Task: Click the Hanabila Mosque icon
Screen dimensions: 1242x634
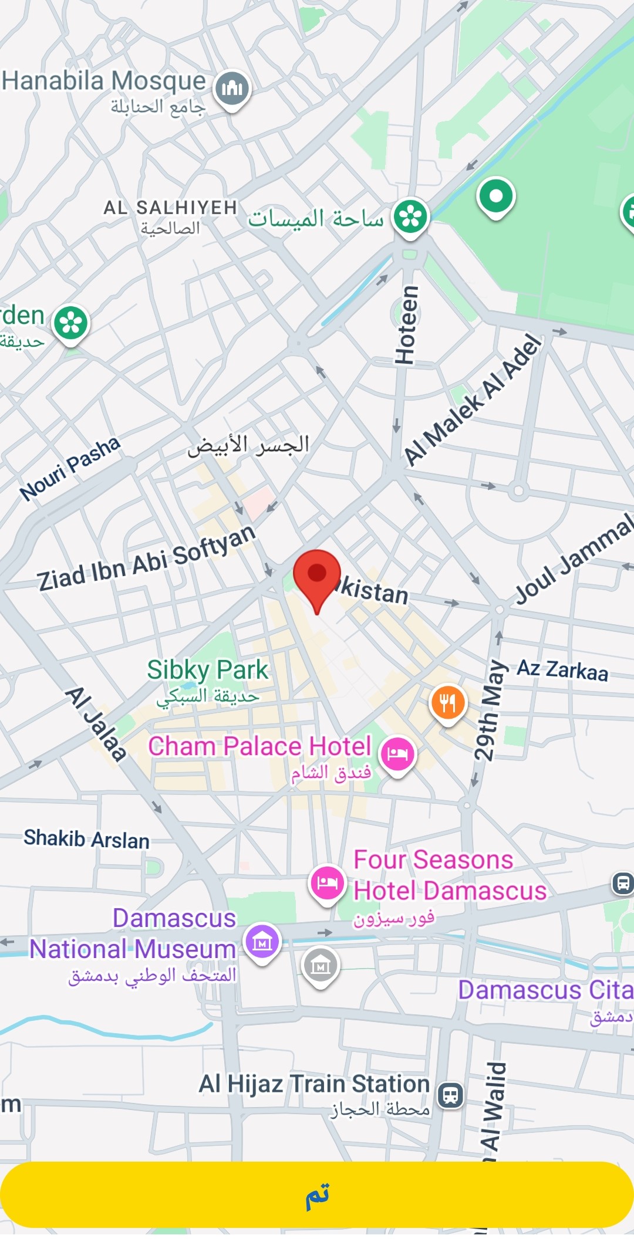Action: pos(232,89)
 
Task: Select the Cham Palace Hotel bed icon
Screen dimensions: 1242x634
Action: pos(397,754)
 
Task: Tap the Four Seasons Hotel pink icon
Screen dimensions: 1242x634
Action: pos(327,883)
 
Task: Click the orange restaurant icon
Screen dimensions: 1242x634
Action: pos(448,703)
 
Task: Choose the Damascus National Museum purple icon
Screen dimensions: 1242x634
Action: pos(262,942)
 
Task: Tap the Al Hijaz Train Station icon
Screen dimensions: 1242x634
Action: pos(451,1095)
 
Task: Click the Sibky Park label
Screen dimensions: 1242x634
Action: pos(207,670)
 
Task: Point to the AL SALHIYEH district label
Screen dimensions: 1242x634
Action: pos(170,208)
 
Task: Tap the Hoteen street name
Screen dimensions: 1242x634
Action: pos(406,325)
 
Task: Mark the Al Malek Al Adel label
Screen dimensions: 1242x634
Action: pos(473,400)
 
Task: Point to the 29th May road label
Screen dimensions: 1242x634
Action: pos(488,710)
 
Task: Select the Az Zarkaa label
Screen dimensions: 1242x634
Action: pos(562,671)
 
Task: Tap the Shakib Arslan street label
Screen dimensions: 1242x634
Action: pos(86,839)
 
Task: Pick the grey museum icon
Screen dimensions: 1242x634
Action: pos(321,966)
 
